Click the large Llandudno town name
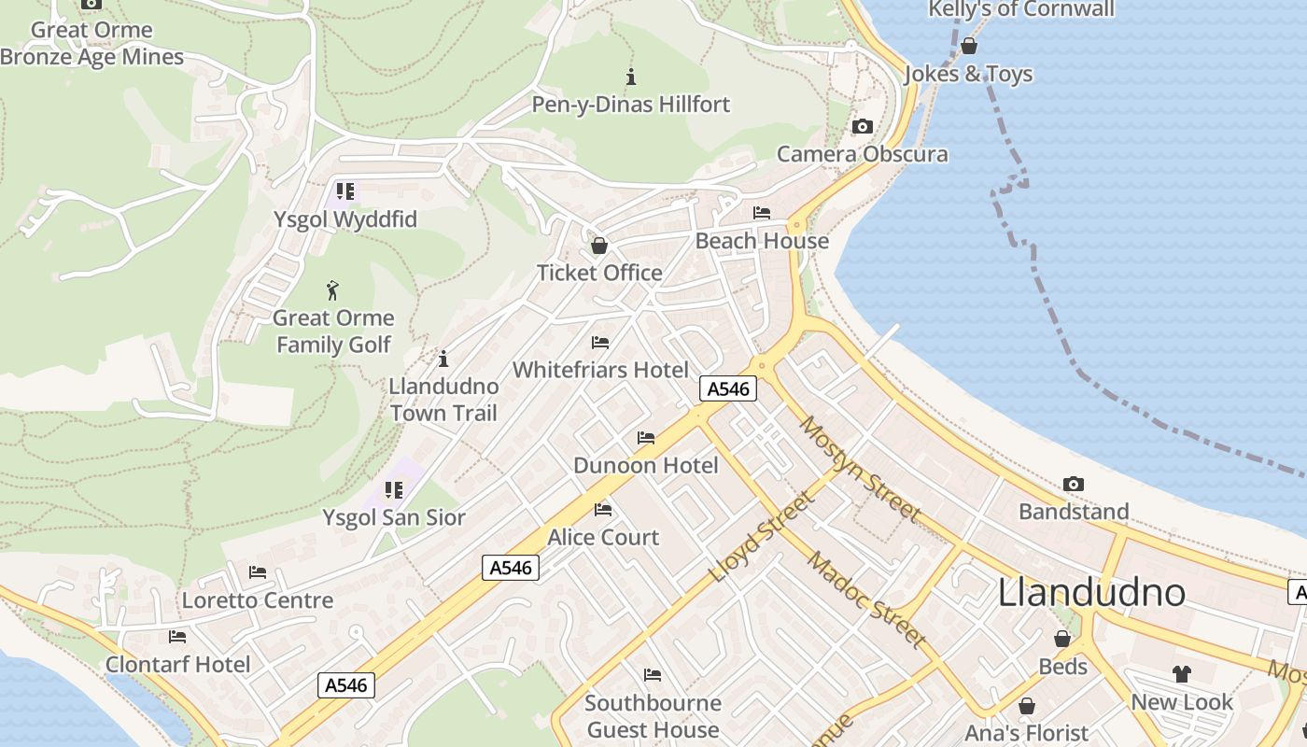[1091, 593]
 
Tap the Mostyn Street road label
[859, 470]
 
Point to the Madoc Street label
[867, 599]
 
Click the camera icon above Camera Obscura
[863, 127]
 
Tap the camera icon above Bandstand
[1074, 484]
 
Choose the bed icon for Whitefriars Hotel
[600, 343]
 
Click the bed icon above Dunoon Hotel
[646, 438]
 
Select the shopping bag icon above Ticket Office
[599, 246]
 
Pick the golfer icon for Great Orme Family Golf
[332, 290]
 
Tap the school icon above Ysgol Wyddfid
[345, 192]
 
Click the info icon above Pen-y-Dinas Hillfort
[631, 77]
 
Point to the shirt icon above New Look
[1182, 673]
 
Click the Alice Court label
[603, 538]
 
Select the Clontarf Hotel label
[178, 665]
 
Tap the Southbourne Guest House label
[653, 716]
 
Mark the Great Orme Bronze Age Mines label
[91, 43]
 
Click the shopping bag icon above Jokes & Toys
[969, 46]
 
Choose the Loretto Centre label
[258, 600]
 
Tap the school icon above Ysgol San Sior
[394, 490]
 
